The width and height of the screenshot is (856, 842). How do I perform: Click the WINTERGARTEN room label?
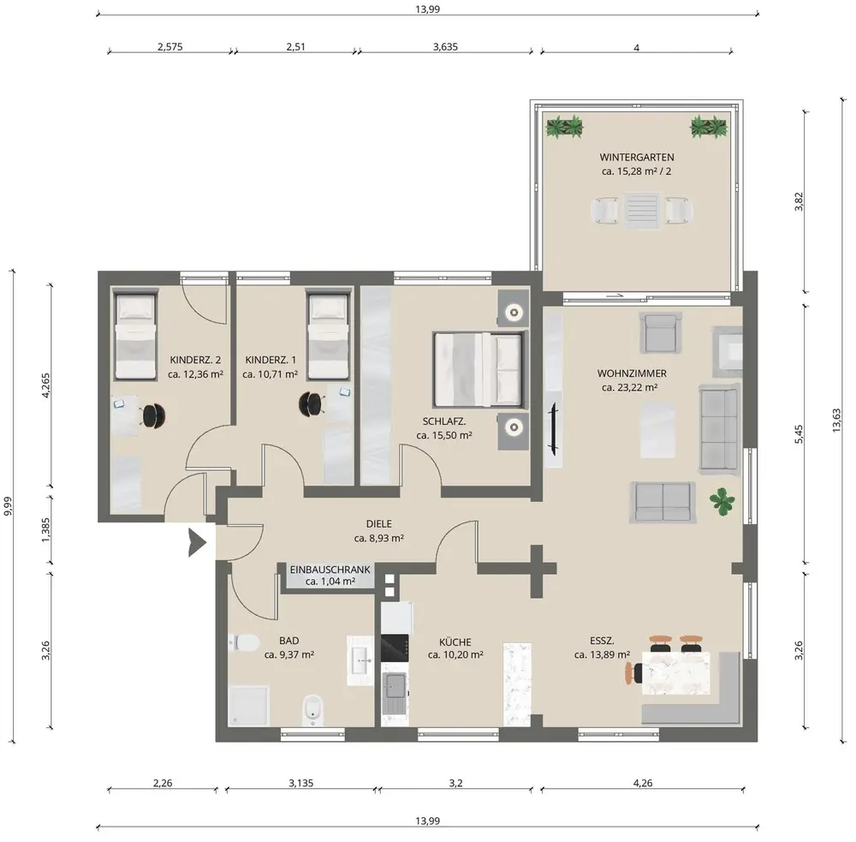(637, 157)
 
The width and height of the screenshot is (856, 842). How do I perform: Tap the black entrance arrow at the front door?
(197, 542)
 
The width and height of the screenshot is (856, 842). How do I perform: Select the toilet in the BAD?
(244, 642)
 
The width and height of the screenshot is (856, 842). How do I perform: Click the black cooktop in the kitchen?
(395, 648)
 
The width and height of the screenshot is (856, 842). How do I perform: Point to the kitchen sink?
(395, 687)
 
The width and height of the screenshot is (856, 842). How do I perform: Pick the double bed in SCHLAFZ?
(480, 369)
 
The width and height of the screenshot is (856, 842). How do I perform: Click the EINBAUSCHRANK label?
(330, 570)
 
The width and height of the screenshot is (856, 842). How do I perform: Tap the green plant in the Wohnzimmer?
(722, 501)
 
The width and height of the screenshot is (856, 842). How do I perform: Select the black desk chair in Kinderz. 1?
(311, 403)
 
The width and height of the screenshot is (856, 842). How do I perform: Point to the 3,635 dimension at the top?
(445, 46)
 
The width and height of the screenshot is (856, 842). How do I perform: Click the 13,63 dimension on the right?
(837, 421)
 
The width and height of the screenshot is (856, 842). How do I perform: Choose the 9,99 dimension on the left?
(8, 506)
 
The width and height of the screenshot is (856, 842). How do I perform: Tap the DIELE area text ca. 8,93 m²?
(379, 538)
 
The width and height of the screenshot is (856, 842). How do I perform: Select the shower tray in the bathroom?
(249, 706)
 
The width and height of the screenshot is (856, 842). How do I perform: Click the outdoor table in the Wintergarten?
(642, 211)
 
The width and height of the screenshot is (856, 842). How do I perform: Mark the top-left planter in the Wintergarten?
(564, 127)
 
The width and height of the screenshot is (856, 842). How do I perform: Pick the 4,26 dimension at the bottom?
(643, 783)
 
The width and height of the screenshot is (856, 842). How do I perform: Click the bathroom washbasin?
(360, 660)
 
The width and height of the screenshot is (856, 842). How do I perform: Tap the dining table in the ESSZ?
(676, 673)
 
